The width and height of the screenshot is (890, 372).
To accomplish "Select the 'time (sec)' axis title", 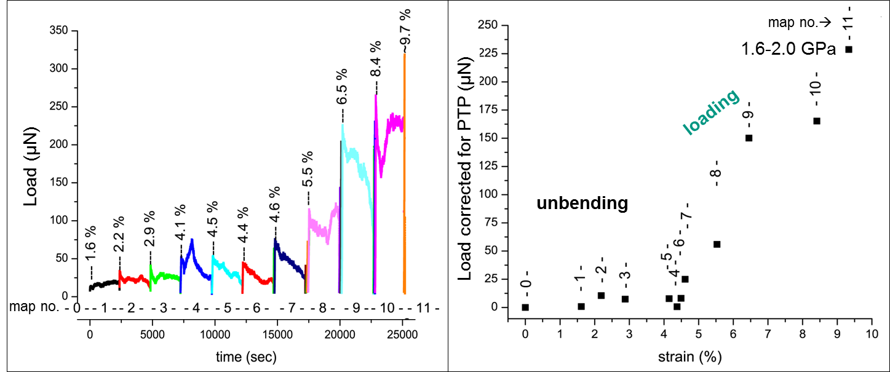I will tap(245, 356).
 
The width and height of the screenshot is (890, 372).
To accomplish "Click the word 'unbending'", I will tap(582, 204).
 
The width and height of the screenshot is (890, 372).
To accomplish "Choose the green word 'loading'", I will tap(712, 113).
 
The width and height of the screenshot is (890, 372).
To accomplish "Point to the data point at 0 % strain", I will tap(525, 307).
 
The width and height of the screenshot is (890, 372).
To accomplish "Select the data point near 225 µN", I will tap(849, 49).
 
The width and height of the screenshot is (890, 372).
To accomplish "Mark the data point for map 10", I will tap(817, 121).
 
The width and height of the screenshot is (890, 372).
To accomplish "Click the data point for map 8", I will tap(717, 244).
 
